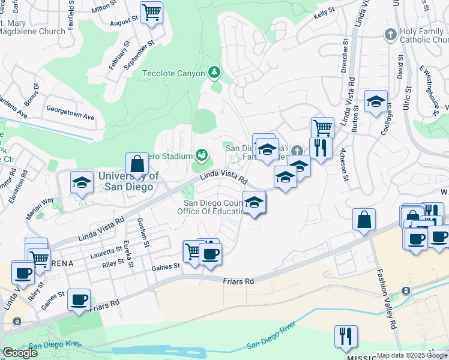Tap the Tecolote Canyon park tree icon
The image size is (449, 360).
[214, 73]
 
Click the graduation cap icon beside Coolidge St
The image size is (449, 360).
[376, 101]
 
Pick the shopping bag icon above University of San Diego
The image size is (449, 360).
[137, 164]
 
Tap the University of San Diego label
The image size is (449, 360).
[128, 181]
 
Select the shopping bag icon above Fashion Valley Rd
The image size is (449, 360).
[364, 220]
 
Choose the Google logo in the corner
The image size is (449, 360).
[19, 353]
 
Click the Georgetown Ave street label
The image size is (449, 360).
[71, 116]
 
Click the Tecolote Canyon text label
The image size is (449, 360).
[173, 74]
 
